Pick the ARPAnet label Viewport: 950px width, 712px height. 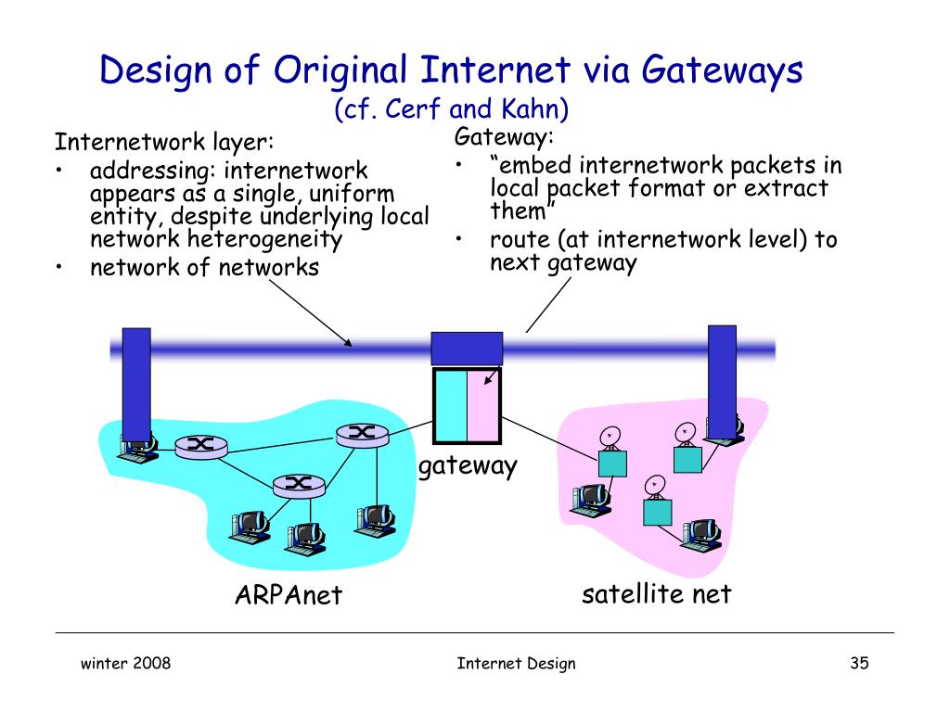coord(289,594)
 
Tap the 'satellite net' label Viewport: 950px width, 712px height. coord(656,592)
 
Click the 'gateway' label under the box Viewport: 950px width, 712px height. coord(467,465)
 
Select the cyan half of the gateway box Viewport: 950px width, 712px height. coord(451,406)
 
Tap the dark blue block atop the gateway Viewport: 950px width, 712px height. coord(468,350)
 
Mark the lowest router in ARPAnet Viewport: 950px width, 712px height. coord(299,483)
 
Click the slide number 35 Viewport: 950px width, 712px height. coord(857,663)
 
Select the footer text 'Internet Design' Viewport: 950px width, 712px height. coord(516,663)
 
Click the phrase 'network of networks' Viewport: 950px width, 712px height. coord(204,268)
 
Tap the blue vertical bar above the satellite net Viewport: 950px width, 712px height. coord(721,371)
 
